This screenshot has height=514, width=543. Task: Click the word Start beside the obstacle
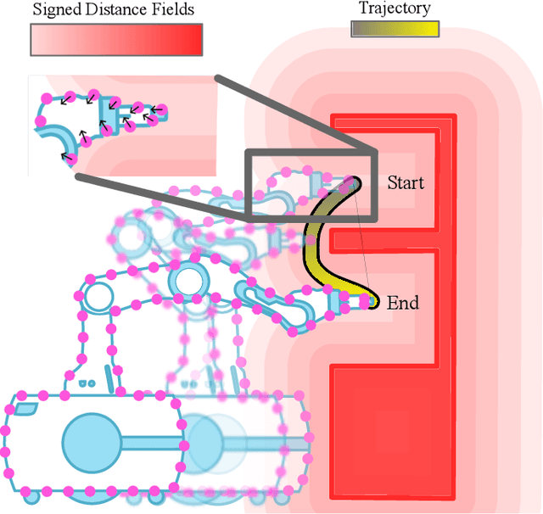click(406, 182)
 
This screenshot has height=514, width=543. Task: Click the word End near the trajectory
click(402, 303)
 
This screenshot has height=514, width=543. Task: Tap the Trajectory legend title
click(395, 9)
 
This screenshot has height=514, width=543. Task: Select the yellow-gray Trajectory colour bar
click(395, 28)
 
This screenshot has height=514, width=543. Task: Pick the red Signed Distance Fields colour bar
click(116, 39)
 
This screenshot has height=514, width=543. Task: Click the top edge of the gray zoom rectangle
click(310, 152)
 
